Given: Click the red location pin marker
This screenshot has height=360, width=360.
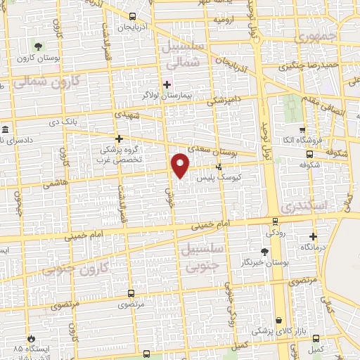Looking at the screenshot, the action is point(181,165).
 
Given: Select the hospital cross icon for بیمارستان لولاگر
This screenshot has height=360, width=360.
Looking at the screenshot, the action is point(166,84).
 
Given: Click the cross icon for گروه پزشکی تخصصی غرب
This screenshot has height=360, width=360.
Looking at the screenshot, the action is point(120,139).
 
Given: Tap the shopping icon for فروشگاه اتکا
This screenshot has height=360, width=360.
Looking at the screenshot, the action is point(302,130).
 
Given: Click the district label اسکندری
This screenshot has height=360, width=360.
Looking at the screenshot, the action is point(304,207).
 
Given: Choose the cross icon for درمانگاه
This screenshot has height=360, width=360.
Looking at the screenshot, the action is point(314,237).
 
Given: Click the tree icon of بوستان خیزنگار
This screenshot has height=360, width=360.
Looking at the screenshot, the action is point(264,251).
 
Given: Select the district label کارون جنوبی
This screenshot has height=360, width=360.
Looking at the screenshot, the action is point(77,269).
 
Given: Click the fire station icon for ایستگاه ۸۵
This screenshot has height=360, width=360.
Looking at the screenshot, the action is point(30,338).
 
